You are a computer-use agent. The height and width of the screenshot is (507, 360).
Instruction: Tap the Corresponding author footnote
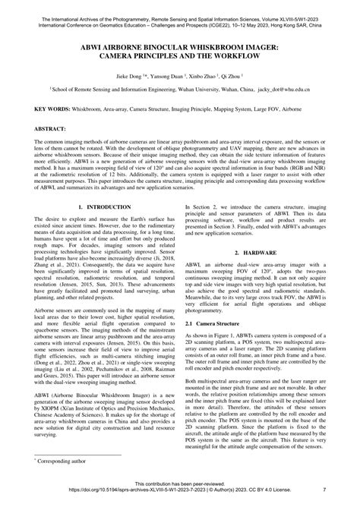[x=63, y=460]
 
